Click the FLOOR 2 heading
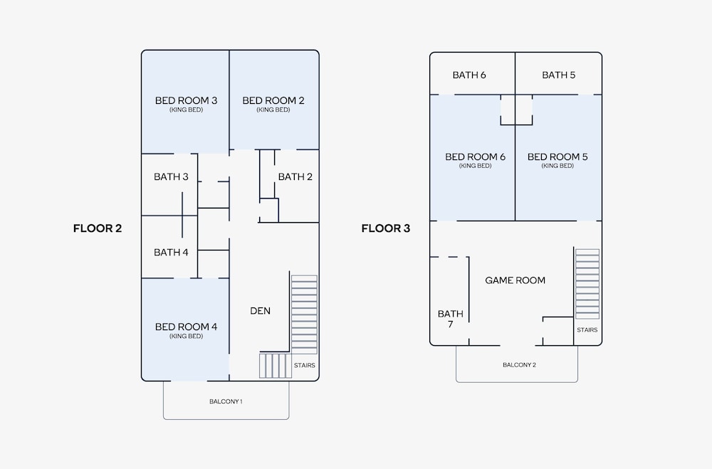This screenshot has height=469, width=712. point(98,228)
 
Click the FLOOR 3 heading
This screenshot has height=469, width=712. point(386,228)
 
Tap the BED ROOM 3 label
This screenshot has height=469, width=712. point(186,100)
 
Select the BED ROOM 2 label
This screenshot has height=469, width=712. point(273,100)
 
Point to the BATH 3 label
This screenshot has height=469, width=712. point(171,176)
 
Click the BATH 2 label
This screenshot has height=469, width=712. point(295,176)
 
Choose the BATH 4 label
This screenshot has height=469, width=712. point(171,253)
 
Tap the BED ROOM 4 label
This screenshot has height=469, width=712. point(186,327)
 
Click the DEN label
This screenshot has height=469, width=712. point(260,310)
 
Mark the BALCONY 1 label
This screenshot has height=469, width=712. point(226,401)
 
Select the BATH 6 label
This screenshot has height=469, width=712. point(469,75)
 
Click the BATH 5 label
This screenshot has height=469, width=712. point(559,75)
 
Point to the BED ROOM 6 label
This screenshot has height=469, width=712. point(476,157)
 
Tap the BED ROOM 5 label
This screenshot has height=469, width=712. point(557,157)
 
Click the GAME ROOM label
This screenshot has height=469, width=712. point(515,280)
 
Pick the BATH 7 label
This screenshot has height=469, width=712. point(451,319)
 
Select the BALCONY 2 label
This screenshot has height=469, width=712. point(520,365)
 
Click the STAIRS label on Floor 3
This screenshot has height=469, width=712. point(587,330)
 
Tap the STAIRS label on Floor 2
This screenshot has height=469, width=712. point(304,366)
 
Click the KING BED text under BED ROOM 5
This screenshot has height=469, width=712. point(557,166)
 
